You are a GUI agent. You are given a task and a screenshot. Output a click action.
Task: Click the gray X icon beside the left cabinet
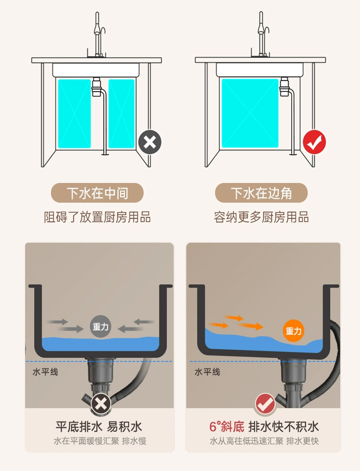(x=150, y=142)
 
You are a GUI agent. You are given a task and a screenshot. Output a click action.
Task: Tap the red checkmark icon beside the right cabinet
(x=314, y=142)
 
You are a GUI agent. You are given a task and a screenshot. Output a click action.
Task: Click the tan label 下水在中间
(x=97, y=193)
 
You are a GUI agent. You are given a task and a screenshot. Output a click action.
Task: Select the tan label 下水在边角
(x=261, y=193)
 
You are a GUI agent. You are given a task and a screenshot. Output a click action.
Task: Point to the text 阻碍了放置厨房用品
(x=97, y=217)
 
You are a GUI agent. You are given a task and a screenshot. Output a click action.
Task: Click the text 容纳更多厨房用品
(x=261, y=217)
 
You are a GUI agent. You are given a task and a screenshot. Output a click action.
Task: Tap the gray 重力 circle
(x=101, y=327)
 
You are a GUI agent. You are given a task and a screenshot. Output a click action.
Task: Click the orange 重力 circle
(x=294, y=331)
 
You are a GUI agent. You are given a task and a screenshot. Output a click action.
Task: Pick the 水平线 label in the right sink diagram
(x=207, y=372)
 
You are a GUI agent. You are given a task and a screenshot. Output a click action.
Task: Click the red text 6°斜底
(x=227, y=426)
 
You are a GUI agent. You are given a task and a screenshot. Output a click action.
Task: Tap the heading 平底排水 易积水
(x=99, y=426)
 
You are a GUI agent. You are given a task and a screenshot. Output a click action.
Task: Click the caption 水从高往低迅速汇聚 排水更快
(x=264, y=441)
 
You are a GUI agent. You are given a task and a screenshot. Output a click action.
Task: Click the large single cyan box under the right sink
(x=250, y=113)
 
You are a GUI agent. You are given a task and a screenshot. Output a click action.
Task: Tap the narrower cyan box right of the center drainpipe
(x=121, y=114)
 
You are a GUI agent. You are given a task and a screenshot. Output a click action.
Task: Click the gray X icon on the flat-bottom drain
(x=101, y=404)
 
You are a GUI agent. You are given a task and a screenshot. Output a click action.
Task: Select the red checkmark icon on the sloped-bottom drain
(x=265, y=404)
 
